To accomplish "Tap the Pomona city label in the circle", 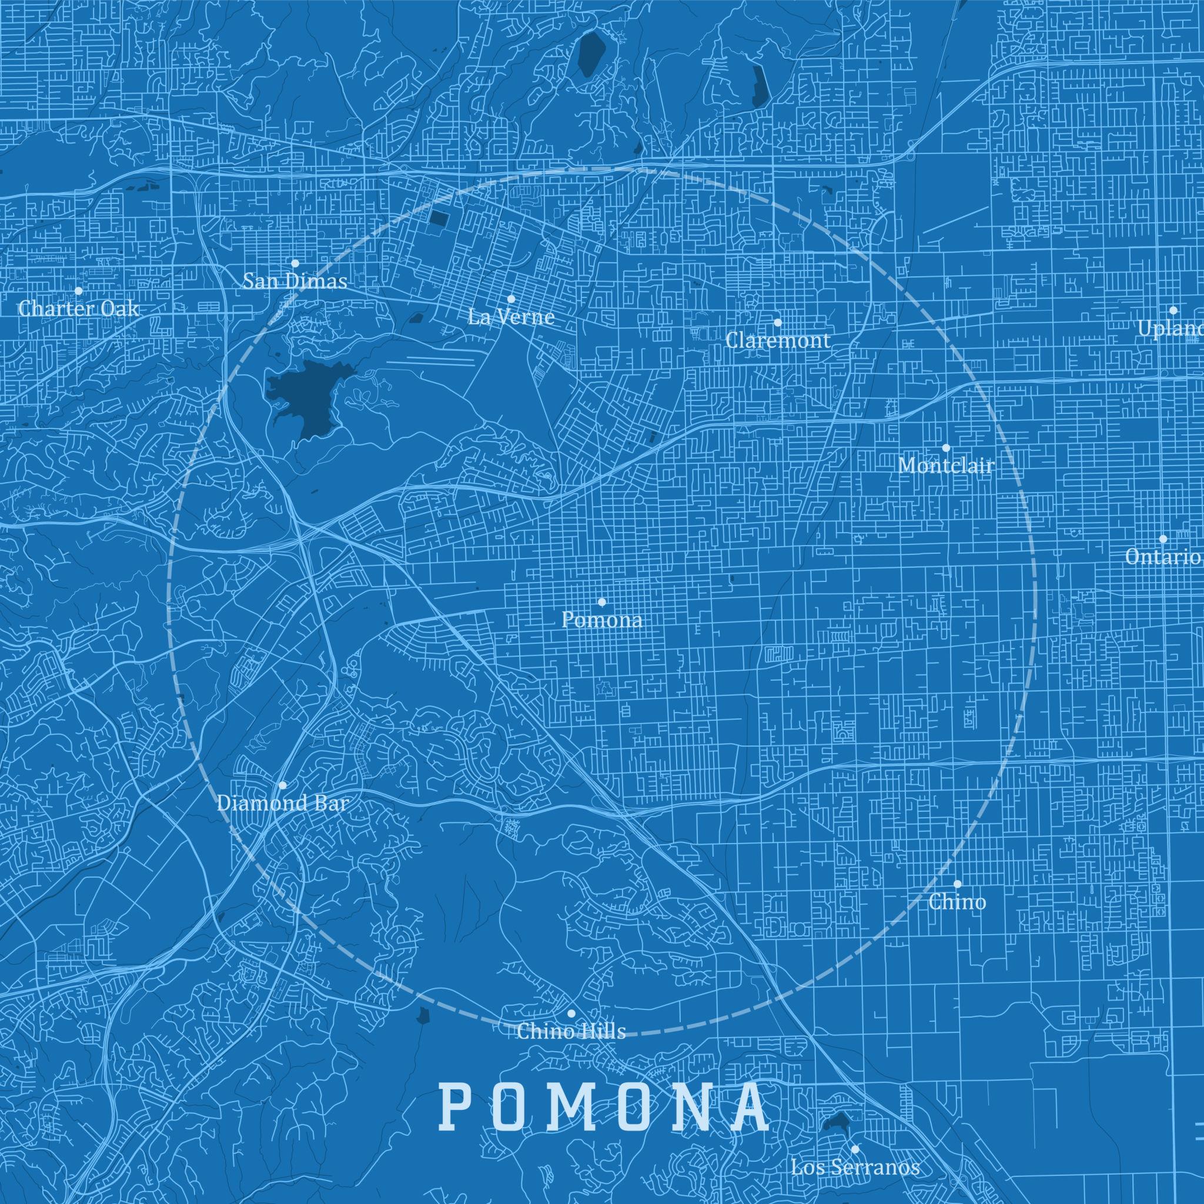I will pos(601,620).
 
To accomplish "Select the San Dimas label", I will pos(295,282).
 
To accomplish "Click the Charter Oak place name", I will pos(79,309).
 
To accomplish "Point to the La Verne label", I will pos(511,317).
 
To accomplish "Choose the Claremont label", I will pos(778,340).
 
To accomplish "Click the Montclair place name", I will pos(945,466).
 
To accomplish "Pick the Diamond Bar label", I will pos(282,803).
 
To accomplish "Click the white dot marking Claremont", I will pos(778,322).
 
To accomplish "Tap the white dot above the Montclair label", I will pos(946,447).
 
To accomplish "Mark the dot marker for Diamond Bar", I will pos(282,785).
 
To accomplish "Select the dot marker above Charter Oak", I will pos(79,290).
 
